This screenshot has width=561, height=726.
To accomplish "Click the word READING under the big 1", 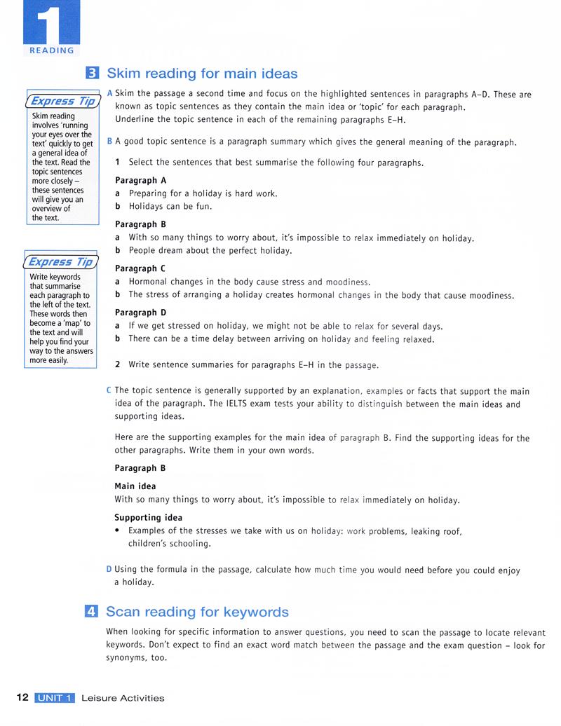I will coord(51,50).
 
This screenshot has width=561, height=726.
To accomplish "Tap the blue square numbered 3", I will coord(92,73).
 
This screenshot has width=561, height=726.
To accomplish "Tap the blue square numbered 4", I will coord(91,612).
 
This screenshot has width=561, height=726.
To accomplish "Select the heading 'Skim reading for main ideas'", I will coord(202,74).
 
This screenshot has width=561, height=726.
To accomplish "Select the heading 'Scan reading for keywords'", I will coord(197,612).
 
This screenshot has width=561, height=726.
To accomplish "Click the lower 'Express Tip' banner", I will coord(60,262).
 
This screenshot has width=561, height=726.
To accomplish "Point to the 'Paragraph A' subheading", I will coord(140,180).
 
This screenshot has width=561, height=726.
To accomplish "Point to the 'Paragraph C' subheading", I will coord(140,268).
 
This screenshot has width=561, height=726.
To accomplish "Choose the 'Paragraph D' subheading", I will coord(140,313).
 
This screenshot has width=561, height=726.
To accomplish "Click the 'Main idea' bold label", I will coord(135,486).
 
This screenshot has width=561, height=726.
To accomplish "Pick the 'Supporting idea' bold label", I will coord(148,518).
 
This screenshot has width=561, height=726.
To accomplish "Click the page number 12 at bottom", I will coord(22,697).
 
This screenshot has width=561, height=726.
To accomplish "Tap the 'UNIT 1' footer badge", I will coord(54,698).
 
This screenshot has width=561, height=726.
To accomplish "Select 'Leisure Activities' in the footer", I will coord(123,698).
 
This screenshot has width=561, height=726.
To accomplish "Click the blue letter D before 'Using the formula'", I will coord(109,570).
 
